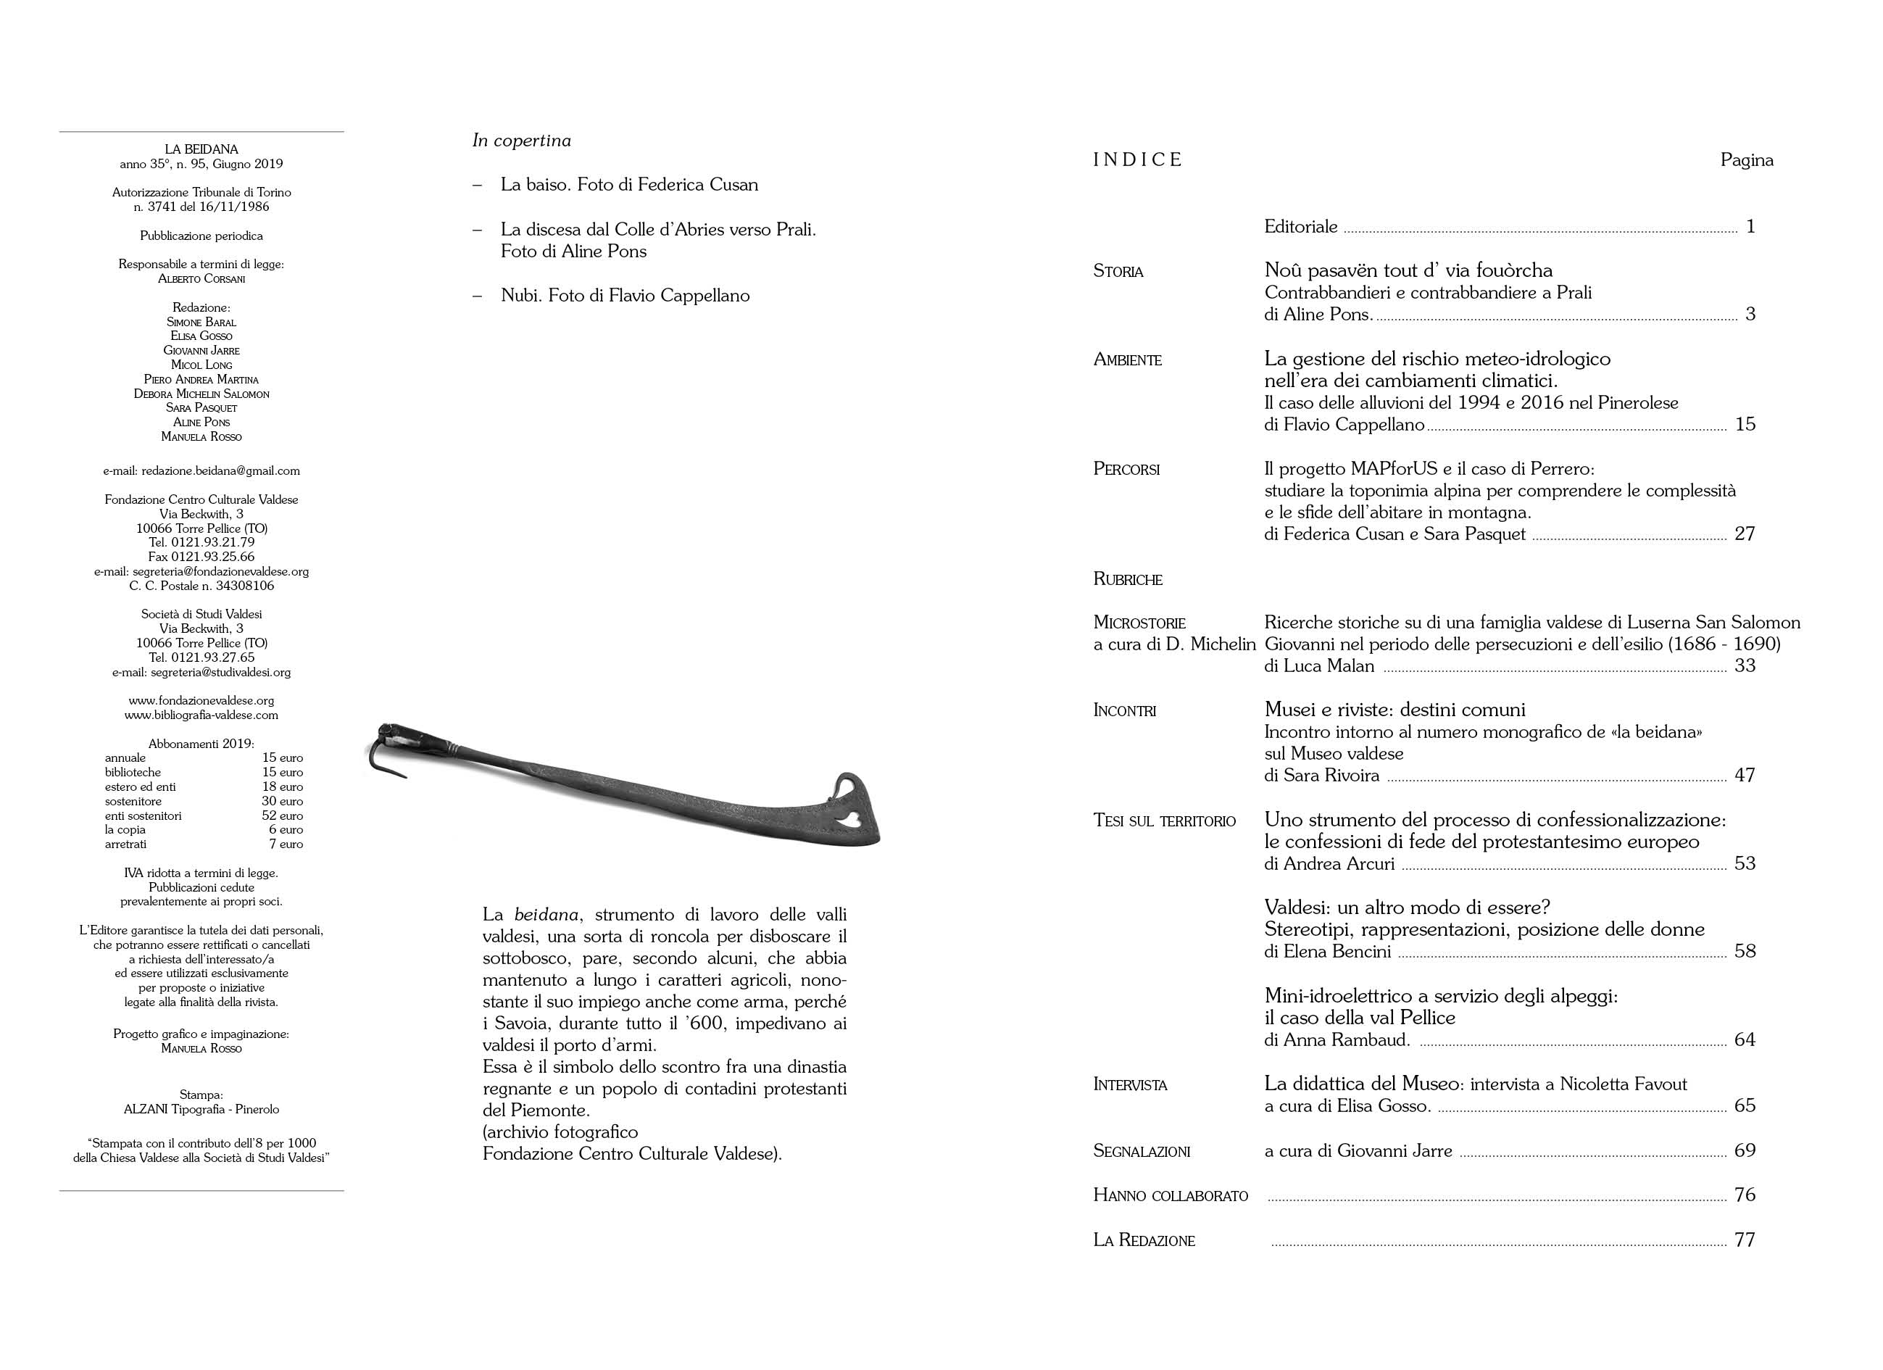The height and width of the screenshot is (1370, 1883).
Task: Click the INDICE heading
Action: click(1136, 160)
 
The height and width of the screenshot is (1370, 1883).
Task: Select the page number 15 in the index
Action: click(1745, 424)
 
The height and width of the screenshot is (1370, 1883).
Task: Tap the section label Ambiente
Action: click(1128, 360)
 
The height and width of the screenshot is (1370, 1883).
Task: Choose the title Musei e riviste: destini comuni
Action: click(1394, 710)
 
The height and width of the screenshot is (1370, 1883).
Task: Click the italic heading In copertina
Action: click(521, 141)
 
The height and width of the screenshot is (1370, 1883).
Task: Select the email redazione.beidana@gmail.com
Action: click(201, 470)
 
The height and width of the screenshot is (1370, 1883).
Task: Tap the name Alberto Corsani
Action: click(201, 279)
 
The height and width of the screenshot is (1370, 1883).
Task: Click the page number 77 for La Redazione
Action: click(1745, 1240)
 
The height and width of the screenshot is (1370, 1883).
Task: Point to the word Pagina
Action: click(1746, 160)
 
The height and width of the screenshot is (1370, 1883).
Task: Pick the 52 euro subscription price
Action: click(282, 816)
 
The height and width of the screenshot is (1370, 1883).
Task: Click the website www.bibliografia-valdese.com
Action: click(201, 715)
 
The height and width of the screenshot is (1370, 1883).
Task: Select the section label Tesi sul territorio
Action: click(1164, 821)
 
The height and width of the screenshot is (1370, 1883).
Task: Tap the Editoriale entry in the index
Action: click(1300, 227)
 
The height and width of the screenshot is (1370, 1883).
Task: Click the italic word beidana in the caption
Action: click(546, 915)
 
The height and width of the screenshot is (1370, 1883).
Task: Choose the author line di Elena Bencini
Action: click(1327, 952)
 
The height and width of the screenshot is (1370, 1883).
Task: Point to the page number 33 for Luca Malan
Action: click(1745, 666)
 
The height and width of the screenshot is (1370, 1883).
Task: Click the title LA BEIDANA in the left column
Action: click(201, 149)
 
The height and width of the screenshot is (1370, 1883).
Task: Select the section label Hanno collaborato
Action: click(1170, 1195)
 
